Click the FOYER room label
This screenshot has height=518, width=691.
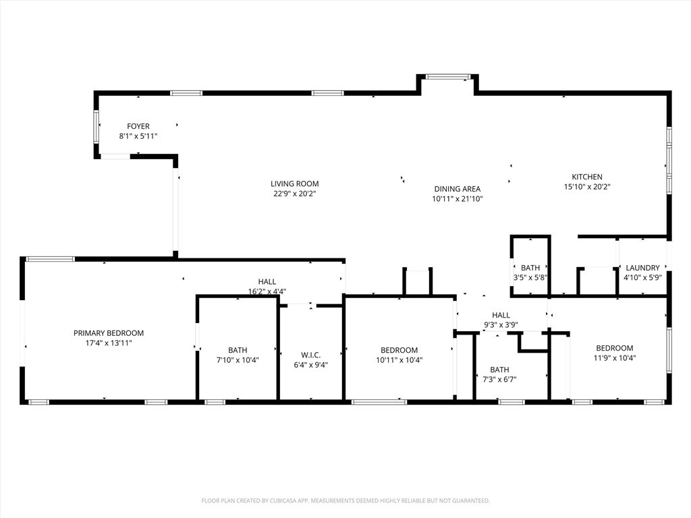pyautogui.click(x=138, y=126)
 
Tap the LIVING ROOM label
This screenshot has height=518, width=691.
pyautogui.click(x=294, y=183)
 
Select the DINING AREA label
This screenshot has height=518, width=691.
pyautogui.click(x=457, y=189)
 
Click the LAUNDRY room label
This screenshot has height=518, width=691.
pyautogui.click(x=642, y=268)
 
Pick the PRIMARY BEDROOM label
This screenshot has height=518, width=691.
pyautogui.click(x=108, y=333)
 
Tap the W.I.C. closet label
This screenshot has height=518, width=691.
pyautogui.click(x=310, y=355)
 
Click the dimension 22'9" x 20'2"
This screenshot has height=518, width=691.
pyautogui.click(x=294, y=194)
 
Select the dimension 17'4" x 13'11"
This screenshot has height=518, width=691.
pyautogui.click(x=108, y=343)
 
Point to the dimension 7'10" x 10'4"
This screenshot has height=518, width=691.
pyautogui.click(x=238, y=360)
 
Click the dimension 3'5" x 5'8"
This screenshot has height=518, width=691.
pyautogui.click(x=530, y=277)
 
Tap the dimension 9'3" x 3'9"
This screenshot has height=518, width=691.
pyautogui.click(x=501, y=324)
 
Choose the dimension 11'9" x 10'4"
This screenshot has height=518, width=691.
pyautogui.click(x=614, y=358)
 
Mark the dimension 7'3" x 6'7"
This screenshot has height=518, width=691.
pyautogui.click(x=499, y=379)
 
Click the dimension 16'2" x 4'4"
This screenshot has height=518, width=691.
pyautogui.click(x=267, y=291)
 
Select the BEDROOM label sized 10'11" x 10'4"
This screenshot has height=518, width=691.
pyautogui.click(x=399, y=350)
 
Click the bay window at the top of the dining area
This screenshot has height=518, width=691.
pyautogui.click(x=447, y=77)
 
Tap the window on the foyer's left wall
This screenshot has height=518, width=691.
pyautogui.click(x=96, y=126)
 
